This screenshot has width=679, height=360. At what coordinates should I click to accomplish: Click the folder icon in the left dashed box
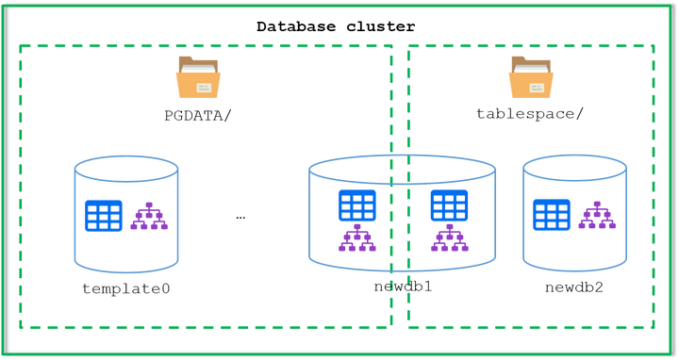[197, 76]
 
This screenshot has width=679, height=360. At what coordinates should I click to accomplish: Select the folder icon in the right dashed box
[531, 76]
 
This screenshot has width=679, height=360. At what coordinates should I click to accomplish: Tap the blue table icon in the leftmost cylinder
[103, 216]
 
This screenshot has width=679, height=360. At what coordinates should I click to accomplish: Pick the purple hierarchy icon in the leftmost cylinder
[148, 217]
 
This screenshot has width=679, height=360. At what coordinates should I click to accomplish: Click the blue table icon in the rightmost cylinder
[552, 215]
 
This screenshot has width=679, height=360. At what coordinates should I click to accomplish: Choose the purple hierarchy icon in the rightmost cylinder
[596, 216]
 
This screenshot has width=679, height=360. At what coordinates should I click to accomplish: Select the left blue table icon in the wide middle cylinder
[357, 205]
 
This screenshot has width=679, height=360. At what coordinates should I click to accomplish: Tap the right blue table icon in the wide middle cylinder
[449, 205]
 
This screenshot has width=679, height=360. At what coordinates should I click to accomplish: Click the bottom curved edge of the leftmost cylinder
[126, 273]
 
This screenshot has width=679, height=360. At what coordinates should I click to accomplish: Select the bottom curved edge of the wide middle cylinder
[403, 271]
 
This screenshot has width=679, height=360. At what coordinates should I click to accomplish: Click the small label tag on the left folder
[203, 87]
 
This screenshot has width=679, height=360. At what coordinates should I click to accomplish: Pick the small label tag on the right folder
[537, 87]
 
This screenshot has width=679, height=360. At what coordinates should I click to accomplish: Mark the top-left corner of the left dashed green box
[20, 45]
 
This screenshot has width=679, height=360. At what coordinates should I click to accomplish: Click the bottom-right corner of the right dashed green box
[654, 329]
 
